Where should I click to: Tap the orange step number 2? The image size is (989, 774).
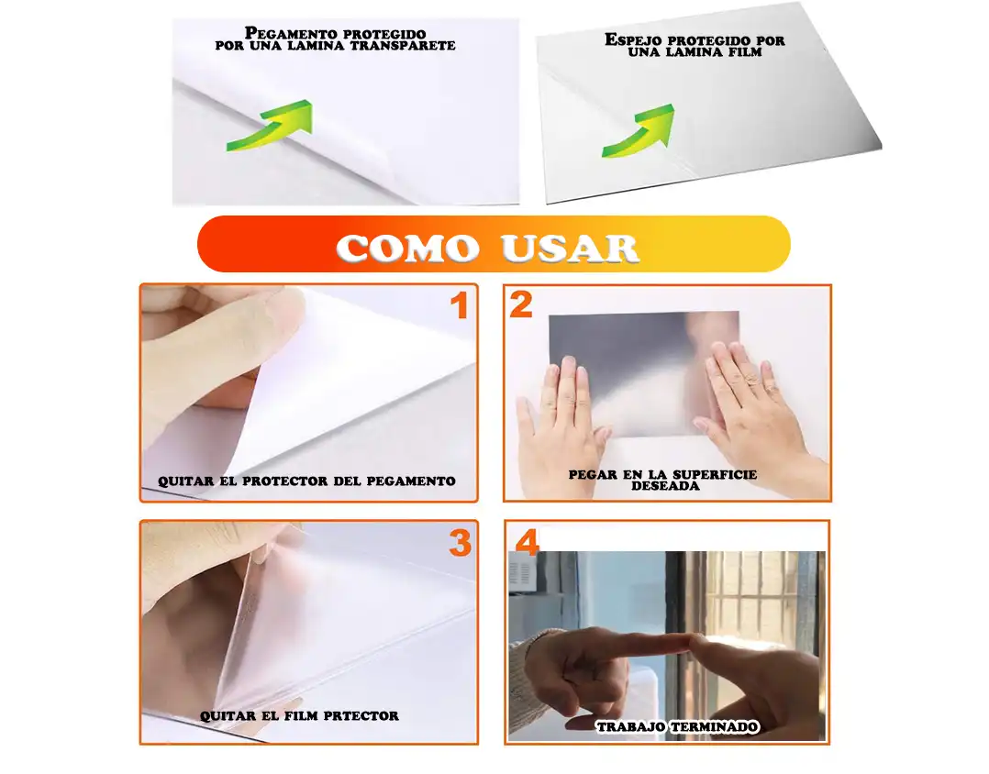521,304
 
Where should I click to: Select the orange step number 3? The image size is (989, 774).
461,543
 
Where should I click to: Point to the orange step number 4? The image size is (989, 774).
528,542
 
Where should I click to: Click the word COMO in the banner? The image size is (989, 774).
407,248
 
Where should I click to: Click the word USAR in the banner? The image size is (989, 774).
571,248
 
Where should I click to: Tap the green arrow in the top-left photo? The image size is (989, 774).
270,126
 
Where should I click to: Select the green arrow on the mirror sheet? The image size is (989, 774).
639,130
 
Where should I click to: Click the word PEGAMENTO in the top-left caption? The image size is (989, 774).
289,33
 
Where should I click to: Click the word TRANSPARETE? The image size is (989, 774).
403,46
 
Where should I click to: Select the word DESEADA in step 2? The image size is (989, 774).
665,486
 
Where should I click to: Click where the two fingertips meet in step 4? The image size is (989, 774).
690,642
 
